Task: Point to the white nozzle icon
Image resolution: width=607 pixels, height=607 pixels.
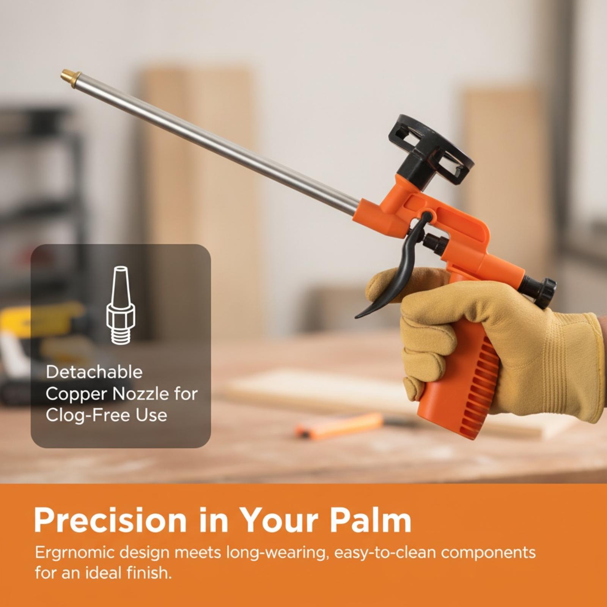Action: pyautogui.click(x=121, y=305)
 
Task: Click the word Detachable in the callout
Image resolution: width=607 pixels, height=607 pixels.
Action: pyautogui.click(x=94, y=372)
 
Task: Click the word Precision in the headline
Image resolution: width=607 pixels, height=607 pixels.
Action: pyautogui.click(x=110, y=521)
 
